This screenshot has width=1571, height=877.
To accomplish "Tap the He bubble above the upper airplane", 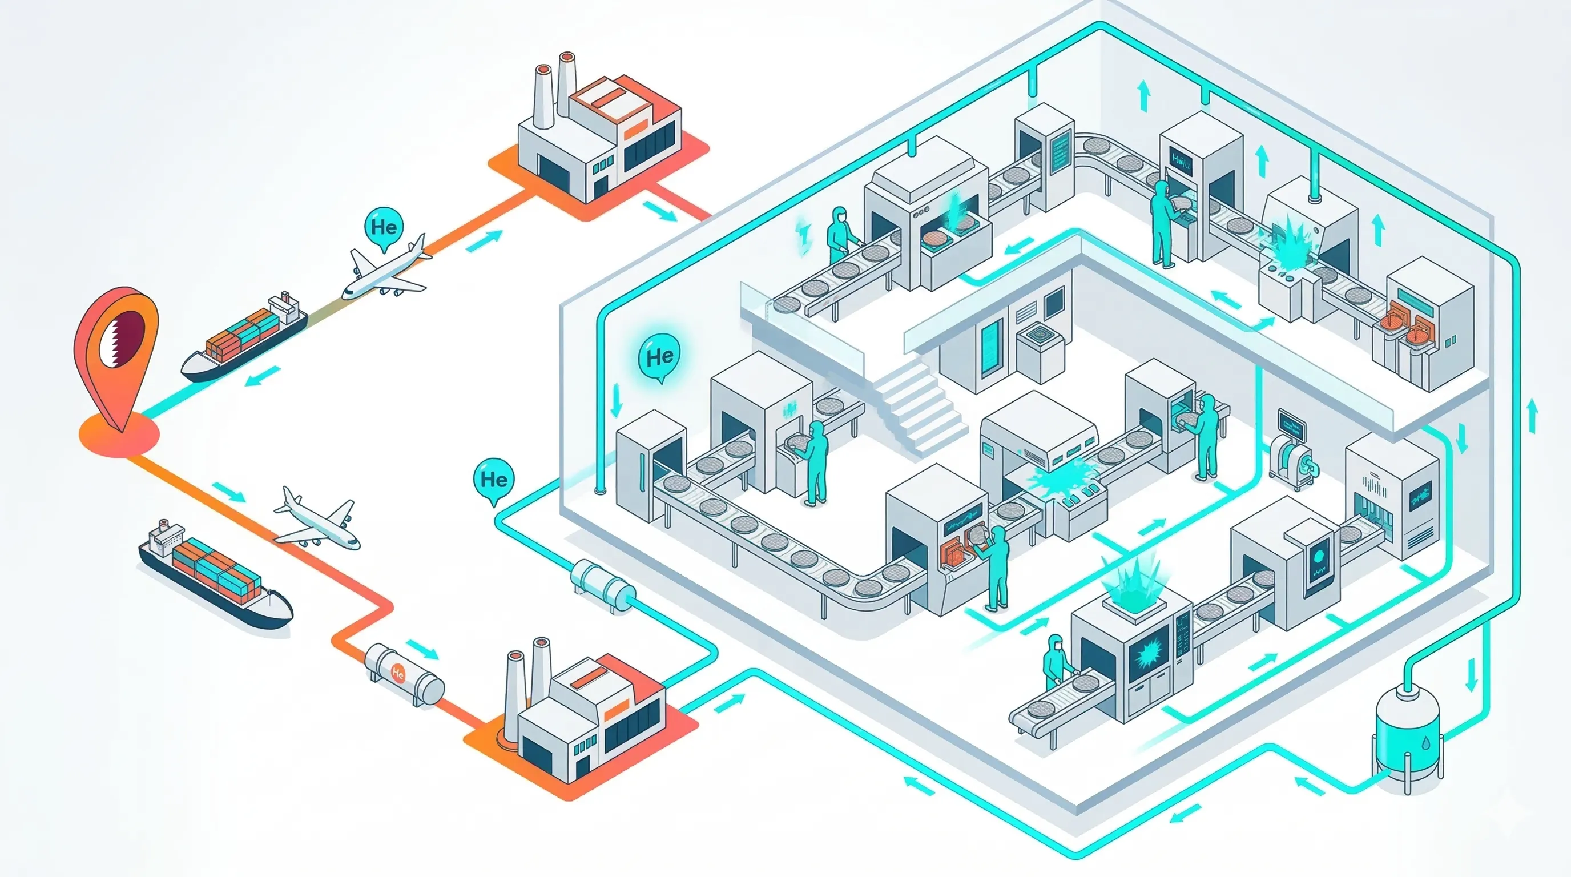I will pos(384,227).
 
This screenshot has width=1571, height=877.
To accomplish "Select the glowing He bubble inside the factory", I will pos(659,356).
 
